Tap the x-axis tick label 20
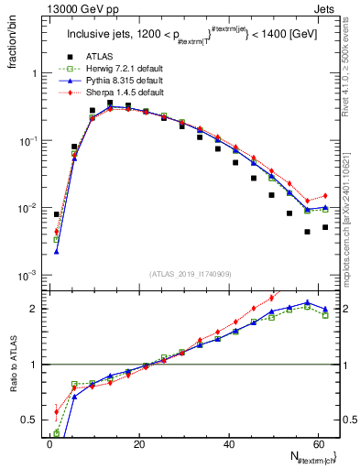pos(139,443)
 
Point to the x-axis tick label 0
pos(49,443)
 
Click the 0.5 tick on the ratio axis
pos(32,420)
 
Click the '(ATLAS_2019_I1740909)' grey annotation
pos(191,272)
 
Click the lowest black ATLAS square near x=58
pos(308,232)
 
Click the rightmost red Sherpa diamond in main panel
pos(325,195)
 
